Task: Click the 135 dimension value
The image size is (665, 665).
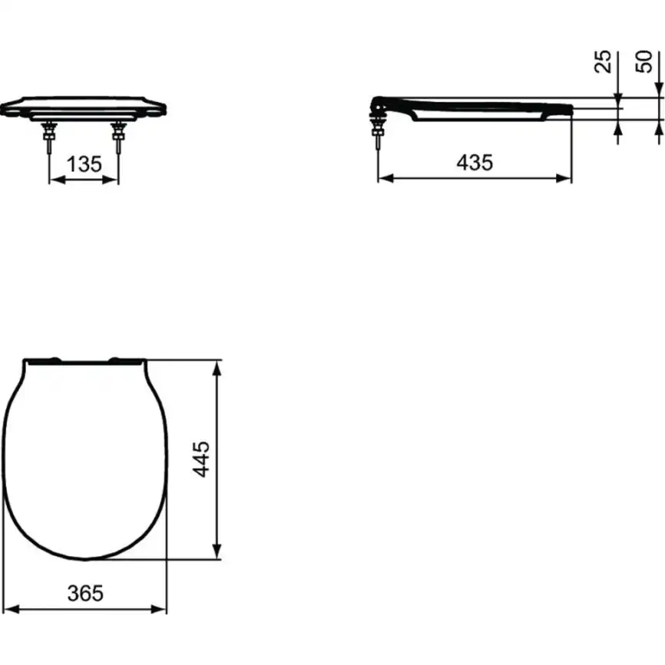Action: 84,164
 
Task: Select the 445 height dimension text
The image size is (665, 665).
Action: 201,458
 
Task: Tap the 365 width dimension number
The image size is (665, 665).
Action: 85,592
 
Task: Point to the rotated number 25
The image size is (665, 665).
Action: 604,61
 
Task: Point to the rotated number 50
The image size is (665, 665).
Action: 647,61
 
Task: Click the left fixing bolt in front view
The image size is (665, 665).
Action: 49,137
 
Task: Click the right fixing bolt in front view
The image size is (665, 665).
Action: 118,137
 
